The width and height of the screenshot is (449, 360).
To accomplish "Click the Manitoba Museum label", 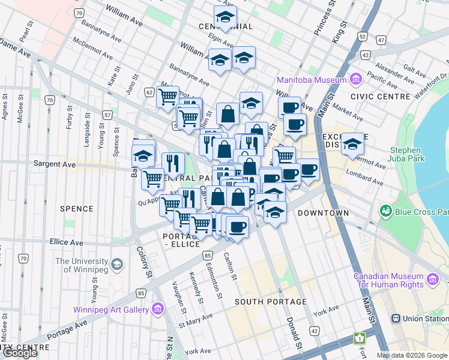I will coord(312,80).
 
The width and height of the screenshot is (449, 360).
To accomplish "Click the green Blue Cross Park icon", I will coord(385,211).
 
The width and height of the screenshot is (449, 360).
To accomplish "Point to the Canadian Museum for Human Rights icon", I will coord(433,278).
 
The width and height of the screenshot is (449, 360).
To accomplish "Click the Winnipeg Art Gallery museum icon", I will coord(158,309).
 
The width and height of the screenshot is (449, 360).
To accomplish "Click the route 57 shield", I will coord(107,114).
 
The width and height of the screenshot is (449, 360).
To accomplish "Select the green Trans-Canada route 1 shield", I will coord(360,339).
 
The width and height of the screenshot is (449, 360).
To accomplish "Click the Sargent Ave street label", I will coord(55,163).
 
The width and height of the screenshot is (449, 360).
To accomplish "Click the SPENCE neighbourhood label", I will coord(77,209).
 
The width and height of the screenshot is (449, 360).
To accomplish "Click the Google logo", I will coord(20,353).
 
